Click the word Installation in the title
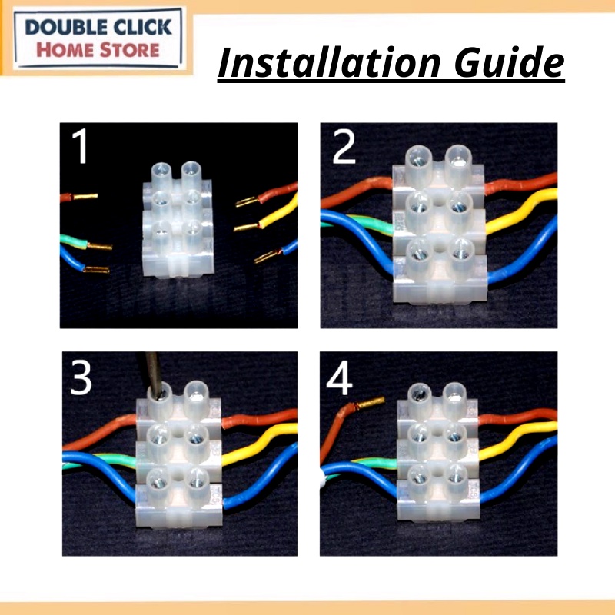coord(330,63)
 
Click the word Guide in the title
coord(510,63)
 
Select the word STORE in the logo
coord(129,51)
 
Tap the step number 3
coord(81,377)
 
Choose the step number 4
coord(339,378)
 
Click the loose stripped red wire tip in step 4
coord(370,403)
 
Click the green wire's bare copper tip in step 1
coord(99,247)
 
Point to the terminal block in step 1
coord(178,220)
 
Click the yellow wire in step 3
coord(260,444)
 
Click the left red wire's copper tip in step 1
coord(85,196)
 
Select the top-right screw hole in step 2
coord(457,158)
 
